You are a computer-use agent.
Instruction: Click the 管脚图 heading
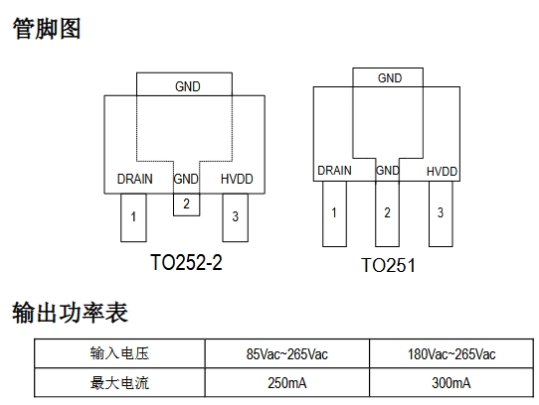point(47,29)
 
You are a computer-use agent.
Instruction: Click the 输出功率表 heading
point(71,313)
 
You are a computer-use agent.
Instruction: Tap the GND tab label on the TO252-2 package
point(188,86)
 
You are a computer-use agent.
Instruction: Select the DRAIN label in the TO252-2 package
point(135,179)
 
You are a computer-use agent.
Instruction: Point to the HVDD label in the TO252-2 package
point(237,179)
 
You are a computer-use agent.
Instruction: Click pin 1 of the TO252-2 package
point(133,217)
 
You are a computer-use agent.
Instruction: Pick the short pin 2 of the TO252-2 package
point(186,204)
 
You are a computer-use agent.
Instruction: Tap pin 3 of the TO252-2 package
point(235,217)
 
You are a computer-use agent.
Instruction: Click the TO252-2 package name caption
point(186,263)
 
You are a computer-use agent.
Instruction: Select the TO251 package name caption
point(388,265)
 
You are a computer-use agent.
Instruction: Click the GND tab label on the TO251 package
point(390,78)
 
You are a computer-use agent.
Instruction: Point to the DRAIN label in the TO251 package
point(334,171)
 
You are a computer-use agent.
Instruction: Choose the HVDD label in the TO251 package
point(443,172)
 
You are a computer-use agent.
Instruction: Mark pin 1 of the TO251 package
point(334,213)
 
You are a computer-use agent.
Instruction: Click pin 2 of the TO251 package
point(388,213)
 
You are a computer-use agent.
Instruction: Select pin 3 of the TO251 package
point(441,213)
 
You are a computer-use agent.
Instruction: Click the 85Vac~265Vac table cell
point(287,353)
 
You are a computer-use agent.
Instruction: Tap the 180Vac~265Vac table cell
point(451,353)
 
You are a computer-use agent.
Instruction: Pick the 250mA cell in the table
point(287,383)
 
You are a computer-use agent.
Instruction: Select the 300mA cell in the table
point(451,383)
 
